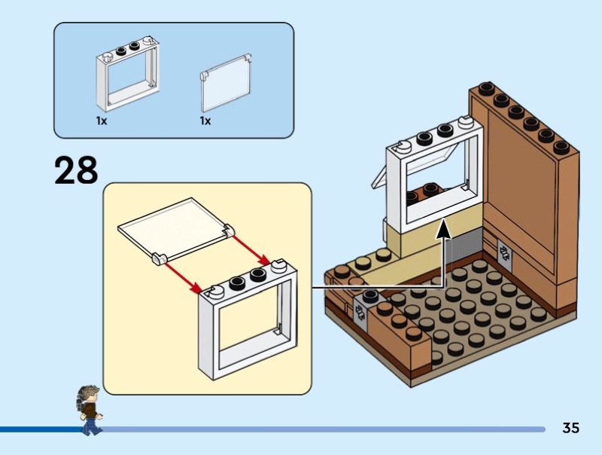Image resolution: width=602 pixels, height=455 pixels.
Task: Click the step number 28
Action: [x=76, y=170]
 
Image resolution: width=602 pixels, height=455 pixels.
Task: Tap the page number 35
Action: [x=570, y=428]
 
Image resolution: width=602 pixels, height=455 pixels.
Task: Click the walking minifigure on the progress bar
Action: [x=90, y=411]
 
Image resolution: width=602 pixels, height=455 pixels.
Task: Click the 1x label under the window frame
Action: [x=102, y=121]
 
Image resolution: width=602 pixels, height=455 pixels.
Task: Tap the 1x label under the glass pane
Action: [x=205, y=121]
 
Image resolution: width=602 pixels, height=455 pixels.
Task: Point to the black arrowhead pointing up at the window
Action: [x=444, y=229]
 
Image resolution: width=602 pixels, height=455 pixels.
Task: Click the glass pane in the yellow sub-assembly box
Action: [x=176, y=231]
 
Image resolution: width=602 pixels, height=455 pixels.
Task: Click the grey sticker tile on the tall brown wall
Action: [x=504, y=254]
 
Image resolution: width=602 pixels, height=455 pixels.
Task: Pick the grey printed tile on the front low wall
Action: [x=360, y=312]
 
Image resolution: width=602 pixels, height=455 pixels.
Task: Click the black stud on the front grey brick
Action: [x=369, y=295]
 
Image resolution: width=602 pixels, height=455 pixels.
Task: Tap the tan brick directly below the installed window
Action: [x=430, y=231]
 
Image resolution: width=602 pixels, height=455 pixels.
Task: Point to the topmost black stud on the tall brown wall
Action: [x=486, y=88]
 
